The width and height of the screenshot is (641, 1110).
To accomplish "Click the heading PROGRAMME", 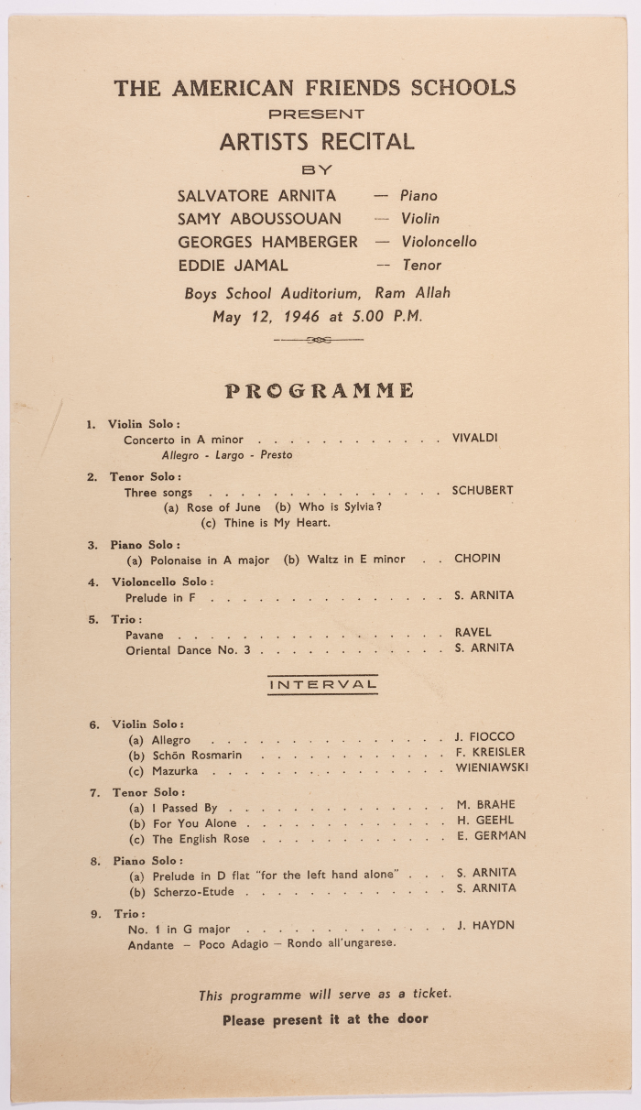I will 320,391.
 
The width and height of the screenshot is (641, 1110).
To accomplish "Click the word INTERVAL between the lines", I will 322,684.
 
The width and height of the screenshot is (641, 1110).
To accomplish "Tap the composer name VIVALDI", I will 474,439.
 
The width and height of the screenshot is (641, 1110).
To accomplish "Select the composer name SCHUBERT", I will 483,491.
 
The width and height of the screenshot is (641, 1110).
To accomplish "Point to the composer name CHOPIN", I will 477,559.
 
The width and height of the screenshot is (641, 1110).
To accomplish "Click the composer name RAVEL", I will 473,633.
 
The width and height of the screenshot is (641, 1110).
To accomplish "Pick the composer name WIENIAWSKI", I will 492,768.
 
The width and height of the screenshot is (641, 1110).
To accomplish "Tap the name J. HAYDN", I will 485,926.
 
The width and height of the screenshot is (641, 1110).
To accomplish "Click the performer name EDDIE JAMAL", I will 233,266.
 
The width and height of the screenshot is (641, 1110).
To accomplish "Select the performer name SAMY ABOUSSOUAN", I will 259,219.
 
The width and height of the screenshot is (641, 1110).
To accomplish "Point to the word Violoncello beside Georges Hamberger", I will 439,243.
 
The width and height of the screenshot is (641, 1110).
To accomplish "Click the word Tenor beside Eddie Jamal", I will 421,266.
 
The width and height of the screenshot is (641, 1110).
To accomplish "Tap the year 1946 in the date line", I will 301,318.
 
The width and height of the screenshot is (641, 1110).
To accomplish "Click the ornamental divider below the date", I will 319,340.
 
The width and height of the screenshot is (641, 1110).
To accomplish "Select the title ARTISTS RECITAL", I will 317,142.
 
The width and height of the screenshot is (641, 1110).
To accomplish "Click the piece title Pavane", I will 145,635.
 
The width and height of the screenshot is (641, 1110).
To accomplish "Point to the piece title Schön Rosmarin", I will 197,756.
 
